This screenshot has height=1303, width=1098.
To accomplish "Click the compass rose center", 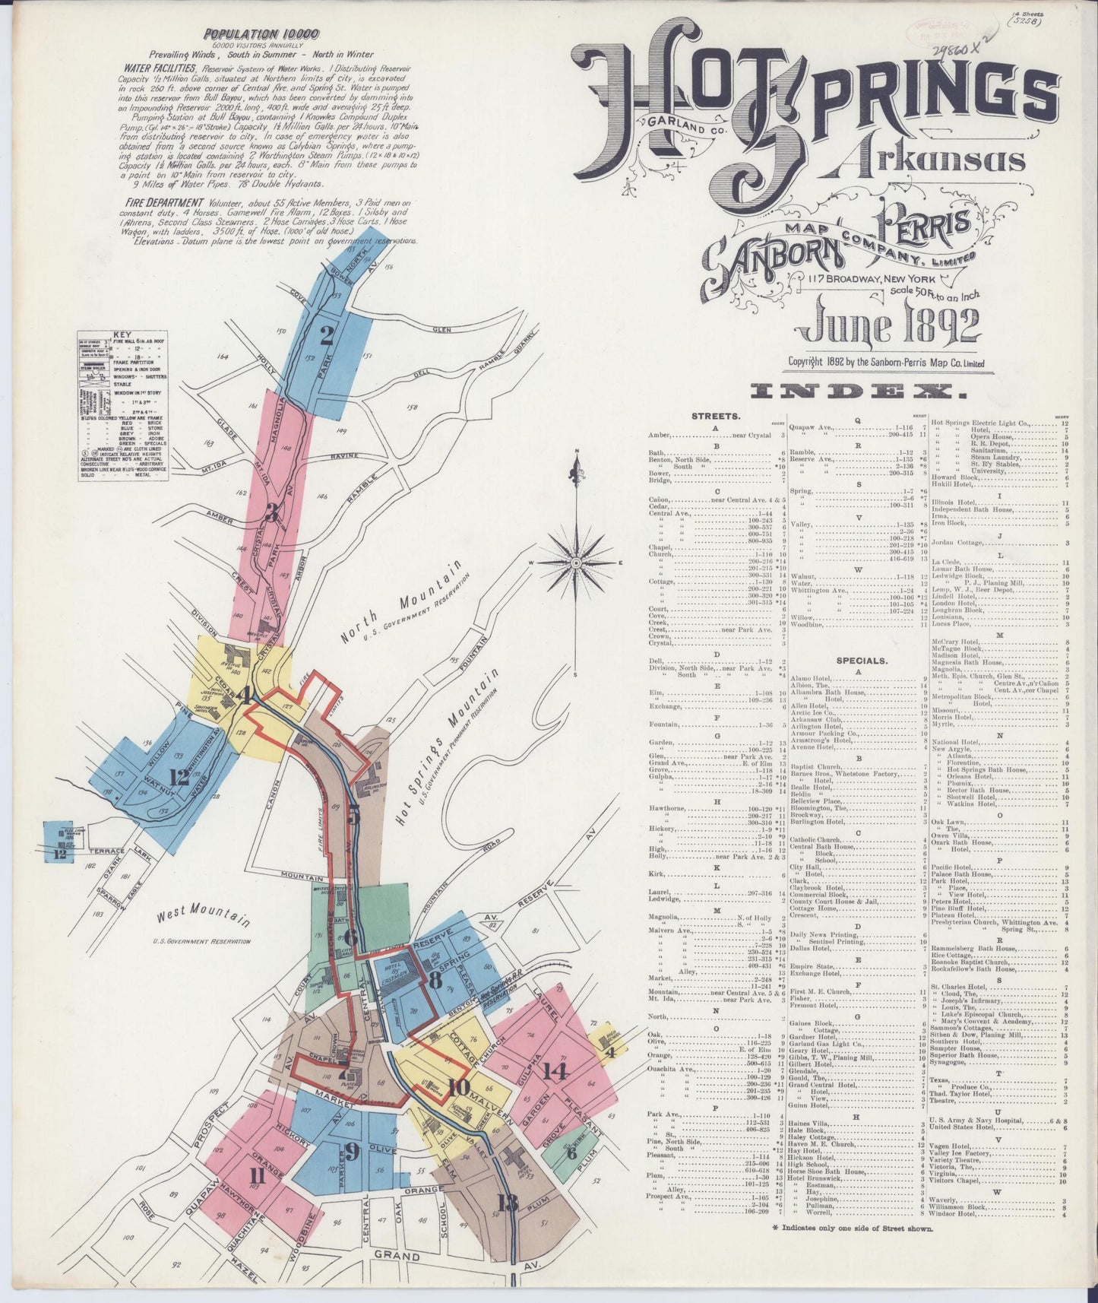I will [577, 563].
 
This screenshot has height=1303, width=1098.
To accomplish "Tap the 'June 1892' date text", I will [887, 326].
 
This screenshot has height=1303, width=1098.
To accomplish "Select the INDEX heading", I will [857, 392].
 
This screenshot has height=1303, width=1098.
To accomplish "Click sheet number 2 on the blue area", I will [328, 334].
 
